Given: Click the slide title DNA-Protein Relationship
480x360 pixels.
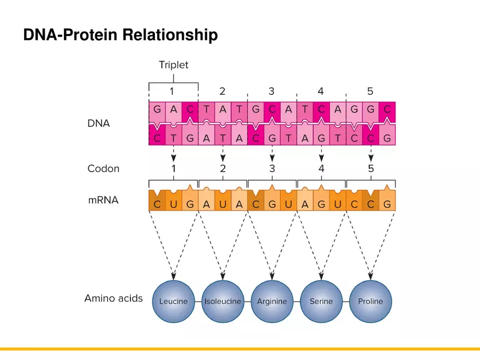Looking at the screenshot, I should click(121, 35).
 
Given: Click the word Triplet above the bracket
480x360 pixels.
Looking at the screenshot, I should click(173, 65).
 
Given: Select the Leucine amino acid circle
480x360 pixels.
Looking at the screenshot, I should click(173, 301).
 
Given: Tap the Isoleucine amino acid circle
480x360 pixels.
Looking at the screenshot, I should click(223, 301).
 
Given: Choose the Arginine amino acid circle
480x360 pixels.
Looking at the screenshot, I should click(272, 301).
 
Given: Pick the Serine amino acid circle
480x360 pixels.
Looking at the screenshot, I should click(321, 301).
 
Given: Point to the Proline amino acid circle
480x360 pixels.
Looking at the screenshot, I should click(370, 301).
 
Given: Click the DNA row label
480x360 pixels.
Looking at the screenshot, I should click(99, 124).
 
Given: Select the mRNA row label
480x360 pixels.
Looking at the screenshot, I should click(103, 200).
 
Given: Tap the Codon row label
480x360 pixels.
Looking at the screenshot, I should click(103, 169).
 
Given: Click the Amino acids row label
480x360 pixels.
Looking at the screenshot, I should click(113, 298).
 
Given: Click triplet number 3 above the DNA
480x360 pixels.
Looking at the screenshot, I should click(272, 91).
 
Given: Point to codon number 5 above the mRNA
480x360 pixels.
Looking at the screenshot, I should click(371, 169).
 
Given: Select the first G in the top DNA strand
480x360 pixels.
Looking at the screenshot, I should click(157, 109).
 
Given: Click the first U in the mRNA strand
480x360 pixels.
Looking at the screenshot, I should click(173, 205).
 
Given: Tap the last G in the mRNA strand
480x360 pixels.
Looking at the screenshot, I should click(387, 205).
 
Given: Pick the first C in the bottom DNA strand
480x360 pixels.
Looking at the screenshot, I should click(157, 138).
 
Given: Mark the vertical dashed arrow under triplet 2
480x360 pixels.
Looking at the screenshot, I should click(223, 153).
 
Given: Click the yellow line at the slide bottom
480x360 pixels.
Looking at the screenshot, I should click(240, 349).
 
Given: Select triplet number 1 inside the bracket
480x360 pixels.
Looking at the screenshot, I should click(173, 91).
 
